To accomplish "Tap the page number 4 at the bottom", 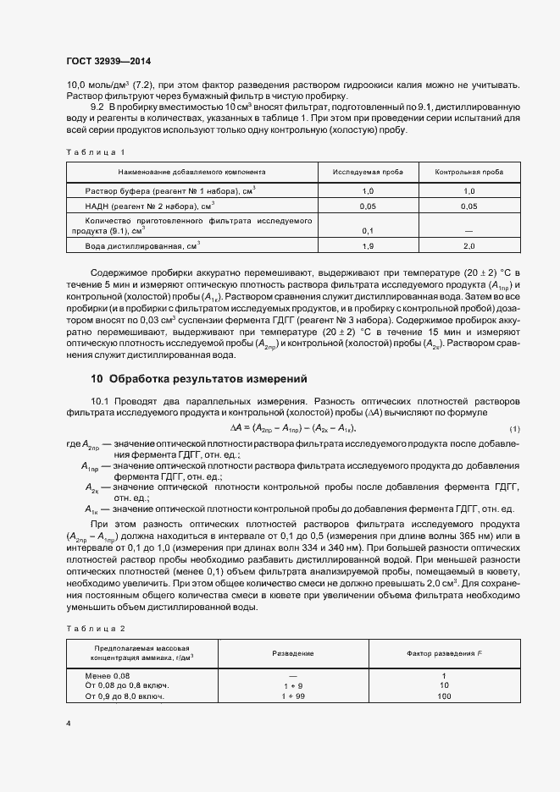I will (69, 723).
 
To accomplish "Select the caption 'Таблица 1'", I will (96, 152).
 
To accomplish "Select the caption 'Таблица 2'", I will (96, 629).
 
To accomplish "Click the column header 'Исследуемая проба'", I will (368, 171).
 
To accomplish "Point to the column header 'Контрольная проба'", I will (469, 171).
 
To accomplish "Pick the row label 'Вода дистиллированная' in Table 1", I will (142, 245).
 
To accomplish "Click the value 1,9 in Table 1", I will (368, 245).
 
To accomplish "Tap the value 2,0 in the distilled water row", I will (469, 245).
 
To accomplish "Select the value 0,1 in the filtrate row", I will (368, 230).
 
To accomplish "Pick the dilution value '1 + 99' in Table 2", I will (292, 696).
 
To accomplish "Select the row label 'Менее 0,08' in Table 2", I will (108, 674).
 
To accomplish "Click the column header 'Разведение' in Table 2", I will (292, 653).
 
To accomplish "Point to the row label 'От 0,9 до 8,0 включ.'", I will (125, 696).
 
